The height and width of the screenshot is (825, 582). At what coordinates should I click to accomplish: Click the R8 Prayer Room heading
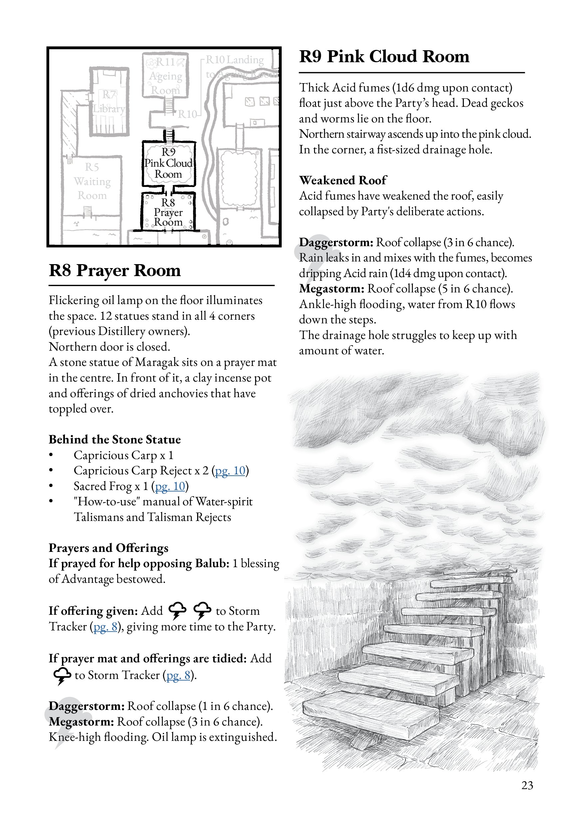[x=115, y=270]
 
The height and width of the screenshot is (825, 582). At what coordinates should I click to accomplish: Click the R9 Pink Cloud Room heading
[x=384, y=57]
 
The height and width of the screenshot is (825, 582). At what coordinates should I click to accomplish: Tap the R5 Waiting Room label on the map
[x=92, y=181]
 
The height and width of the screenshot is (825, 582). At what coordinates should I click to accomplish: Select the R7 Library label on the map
[x=109, y=102]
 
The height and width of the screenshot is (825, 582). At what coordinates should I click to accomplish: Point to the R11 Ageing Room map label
[x=166, y=76]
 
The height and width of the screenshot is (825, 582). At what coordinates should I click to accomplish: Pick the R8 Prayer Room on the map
[x=168, y=212]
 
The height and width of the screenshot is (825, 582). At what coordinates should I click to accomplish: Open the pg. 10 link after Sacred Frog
[x=170, y=486]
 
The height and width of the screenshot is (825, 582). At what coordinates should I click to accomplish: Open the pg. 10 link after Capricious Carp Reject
[x=230, y=471]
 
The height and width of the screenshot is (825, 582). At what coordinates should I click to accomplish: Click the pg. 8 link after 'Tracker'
[x=106, y=627]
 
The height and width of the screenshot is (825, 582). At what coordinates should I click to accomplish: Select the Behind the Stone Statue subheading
[x=115, y=439]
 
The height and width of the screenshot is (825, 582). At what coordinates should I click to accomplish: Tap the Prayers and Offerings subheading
[x=108, y=548]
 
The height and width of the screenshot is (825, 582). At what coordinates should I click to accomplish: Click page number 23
[x=527, y=785]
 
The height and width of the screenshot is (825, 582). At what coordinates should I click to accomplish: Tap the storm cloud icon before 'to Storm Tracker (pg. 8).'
[x=63, y=676]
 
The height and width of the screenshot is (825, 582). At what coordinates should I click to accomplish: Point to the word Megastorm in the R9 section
[x=331, y=289]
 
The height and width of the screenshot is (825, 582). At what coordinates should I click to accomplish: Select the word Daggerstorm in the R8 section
[x=86, y=706]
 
